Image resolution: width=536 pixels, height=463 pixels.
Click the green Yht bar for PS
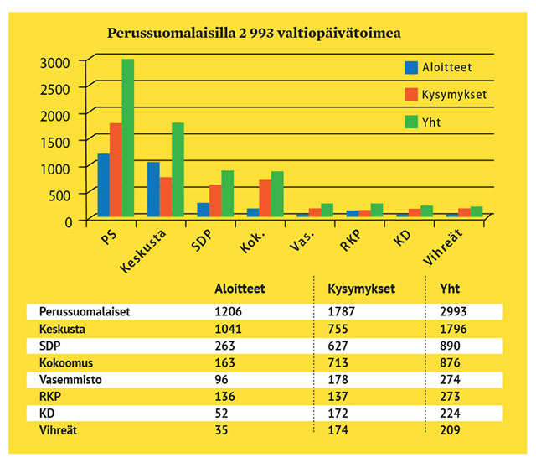click(x=128, y=138)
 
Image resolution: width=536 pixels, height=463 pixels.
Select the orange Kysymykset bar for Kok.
click(x=265, y=198)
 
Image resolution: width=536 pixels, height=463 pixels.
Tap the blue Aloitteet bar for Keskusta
click(x=153, y=190)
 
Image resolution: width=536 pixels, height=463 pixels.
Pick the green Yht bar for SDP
click(x=228, y=194)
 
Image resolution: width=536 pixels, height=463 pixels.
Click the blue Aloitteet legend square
click(x=411, y=68)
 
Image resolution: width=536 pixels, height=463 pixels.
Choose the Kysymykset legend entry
click(x=446, y=95)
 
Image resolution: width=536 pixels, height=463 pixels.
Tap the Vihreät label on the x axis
click(x=443, y=247)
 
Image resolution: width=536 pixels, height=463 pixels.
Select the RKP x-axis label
click(x=350, y=240)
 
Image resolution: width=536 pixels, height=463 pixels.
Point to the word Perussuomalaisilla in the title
click(x=171, y=34)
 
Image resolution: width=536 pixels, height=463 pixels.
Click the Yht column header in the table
click(x=450, y=289)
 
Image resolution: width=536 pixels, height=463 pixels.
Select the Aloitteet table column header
click(x=240, y=289)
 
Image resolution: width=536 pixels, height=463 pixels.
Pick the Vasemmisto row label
click(x=70, y=380)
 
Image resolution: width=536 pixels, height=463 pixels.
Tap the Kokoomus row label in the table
click(x=66, y=363)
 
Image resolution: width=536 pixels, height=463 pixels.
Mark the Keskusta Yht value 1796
click(x=453, y=329)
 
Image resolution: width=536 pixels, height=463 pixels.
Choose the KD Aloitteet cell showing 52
click(x=221, y=414)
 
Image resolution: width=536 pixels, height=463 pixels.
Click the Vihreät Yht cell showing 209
click(x=450, y=430)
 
